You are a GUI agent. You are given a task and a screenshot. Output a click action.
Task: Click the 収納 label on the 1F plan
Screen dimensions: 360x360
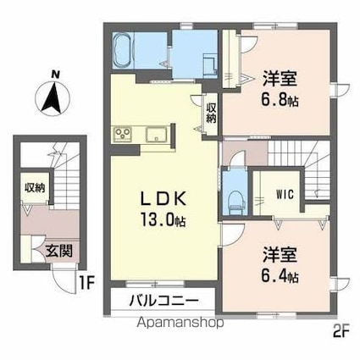pyautogui.click(x=34, y=187)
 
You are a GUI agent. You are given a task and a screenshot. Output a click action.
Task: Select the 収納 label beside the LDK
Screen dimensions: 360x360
pyautogui.click(x=210, y=112)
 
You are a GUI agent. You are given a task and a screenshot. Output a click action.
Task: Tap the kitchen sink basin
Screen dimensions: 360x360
pyautogui.click(x=156, y=135)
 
